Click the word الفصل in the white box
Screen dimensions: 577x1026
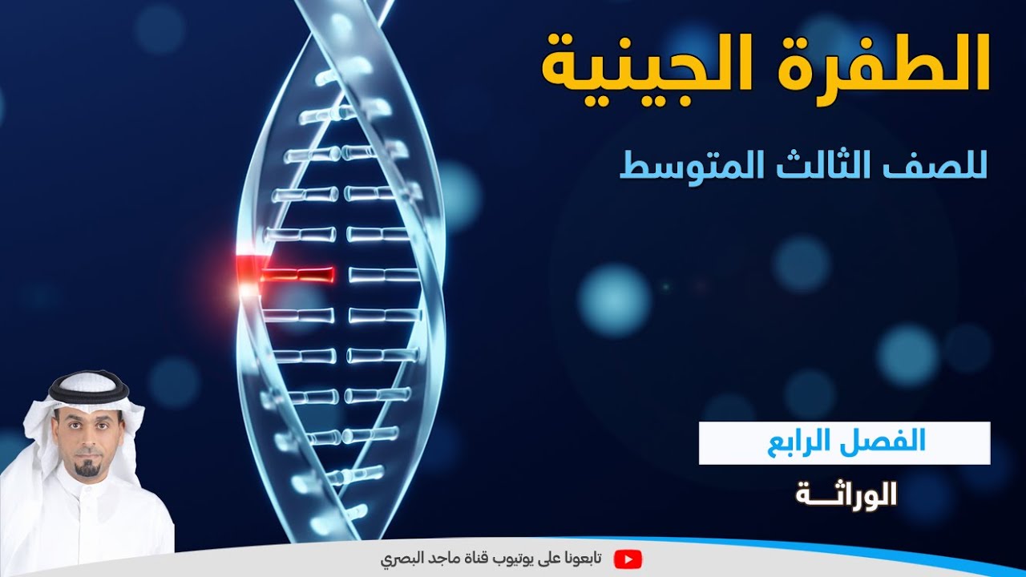(x=889, y=442)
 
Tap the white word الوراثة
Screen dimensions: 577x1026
(x=846, y=495)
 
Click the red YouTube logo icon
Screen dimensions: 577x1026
(x=628, y=559)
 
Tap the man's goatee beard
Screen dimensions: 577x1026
(x=87, y=469)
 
